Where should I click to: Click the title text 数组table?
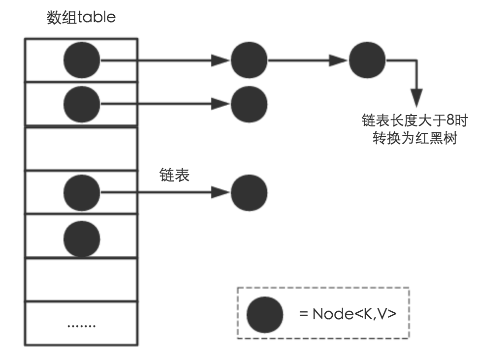point(81,18)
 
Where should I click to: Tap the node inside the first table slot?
point(82,60)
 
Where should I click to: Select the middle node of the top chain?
point(249,60)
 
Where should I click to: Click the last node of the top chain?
point(367,60)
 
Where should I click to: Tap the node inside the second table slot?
point(82,104)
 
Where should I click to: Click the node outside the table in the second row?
point(249,104)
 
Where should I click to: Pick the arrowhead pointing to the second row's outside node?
point(221,104)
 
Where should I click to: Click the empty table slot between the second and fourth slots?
point(81,149)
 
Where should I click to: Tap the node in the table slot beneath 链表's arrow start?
point(82,192)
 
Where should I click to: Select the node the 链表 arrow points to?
point(249,192)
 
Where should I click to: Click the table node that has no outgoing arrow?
point(82,238)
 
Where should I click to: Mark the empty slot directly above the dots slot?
point(81,279)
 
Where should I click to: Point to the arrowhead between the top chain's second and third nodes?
point(339,60)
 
